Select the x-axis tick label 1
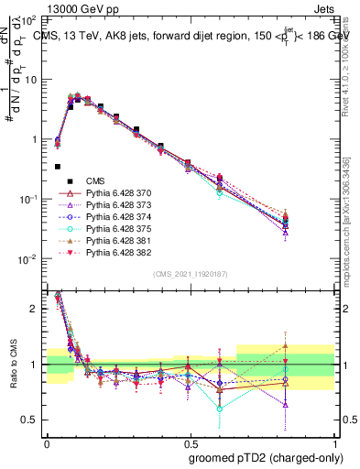pos(336,442)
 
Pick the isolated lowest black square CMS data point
pos(58,167)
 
